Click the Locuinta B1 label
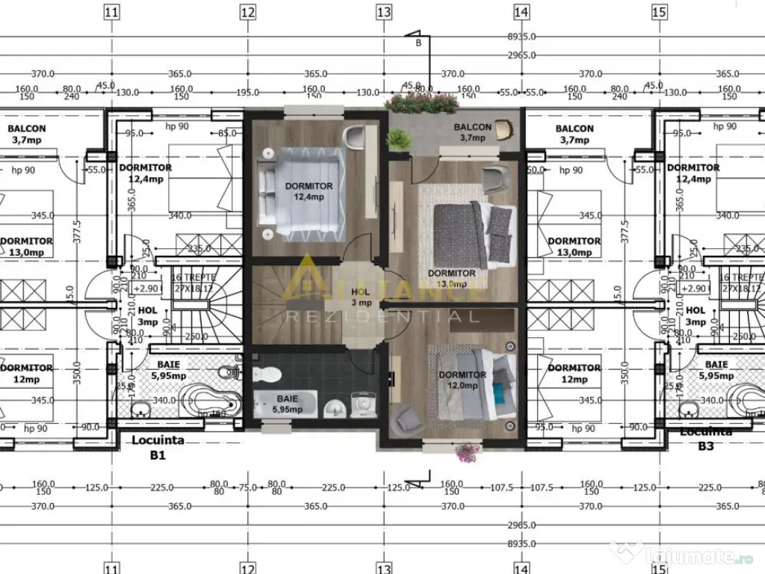[x=158, y=447]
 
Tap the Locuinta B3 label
[x=704, y=439]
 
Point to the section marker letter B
[x=418, y=43]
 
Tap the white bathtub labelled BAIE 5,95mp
[x=285, y=404]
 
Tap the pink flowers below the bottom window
[x=468, y=451]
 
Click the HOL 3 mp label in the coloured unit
[x=361, y=297]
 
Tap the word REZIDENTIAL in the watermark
[x=382, y=317]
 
